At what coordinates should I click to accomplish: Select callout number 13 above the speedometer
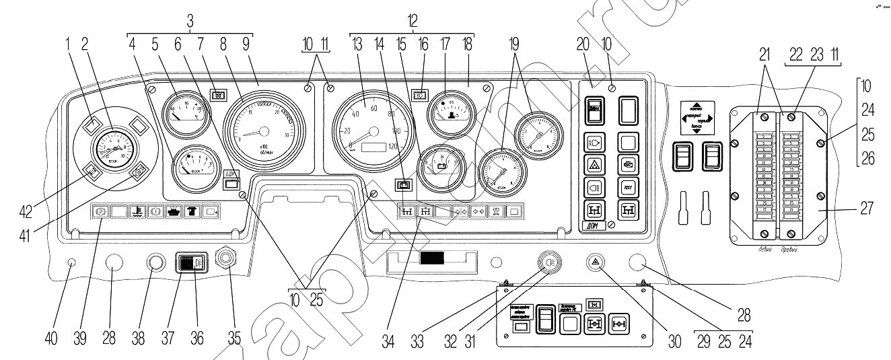click(x=357, y=46)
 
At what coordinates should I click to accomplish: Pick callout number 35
click(x=234, y=338)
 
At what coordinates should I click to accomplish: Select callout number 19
click(x=516, y=46)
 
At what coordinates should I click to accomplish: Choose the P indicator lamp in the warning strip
click(x=100, y=211)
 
